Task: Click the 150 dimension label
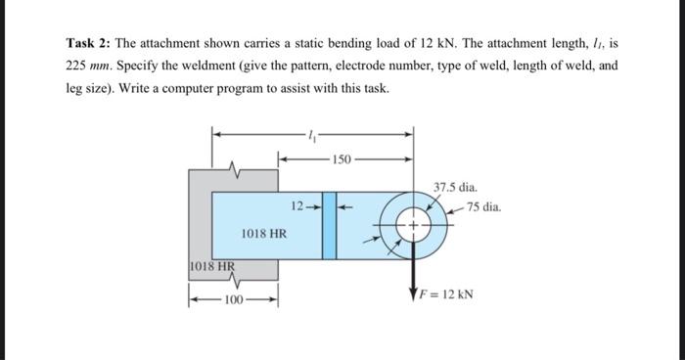point(342,157)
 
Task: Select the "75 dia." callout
point(484,207)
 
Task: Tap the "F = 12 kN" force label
point(448,293)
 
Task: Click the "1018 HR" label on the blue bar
point(264,234)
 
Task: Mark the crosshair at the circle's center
point(412,226)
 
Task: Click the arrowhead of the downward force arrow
point(412,294)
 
